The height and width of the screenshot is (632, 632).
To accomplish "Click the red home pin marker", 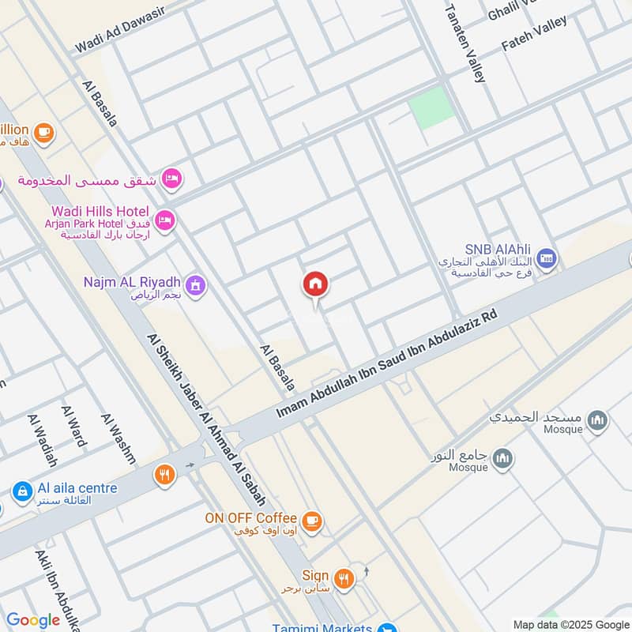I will click(315, 285).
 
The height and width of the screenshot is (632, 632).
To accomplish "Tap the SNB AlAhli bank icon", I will click(546, 258).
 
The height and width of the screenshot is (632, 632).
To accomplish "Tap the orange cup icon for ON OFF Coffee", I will click(313, 520).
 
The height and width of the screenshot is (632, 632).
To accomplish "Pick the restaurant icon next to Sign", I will click(343, 577).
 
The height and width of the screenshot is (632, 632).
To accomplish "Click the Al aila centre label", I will click(76, 488).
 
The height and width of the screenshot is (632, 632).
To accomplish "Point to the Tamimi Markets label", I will click(322, 628).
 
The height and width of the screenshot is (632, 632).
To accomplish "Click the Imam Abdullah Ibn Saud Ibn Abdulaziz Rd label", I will click(387, 365).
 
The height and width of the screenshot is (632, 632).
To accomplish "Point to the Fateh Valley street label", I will click(534, 34).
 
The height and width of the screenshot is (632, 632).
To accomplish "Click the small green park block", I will click(431, 108).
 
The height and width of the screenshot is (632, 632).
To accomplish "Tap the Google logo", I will click(32, 620).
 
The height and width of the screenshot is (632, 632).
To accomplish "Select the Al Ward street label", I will click(73, 426).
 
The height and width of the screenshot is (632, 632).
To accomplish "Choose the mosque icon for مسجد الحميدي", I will click(598, 419).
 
